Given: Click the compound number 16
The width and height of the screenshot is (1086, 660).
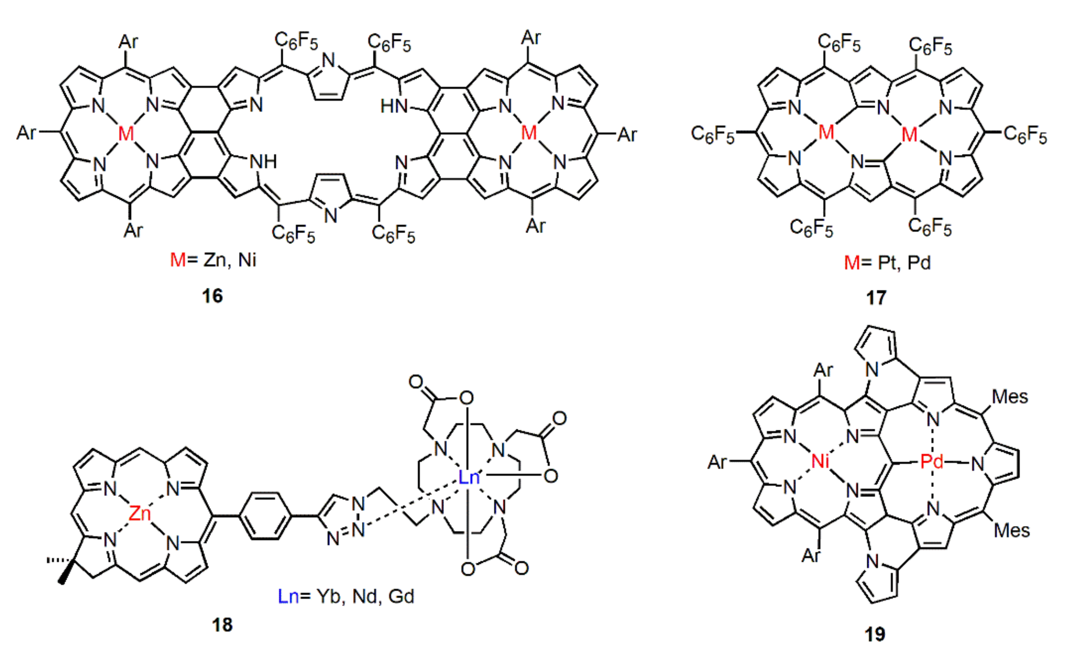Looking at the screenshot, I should coord(212,296).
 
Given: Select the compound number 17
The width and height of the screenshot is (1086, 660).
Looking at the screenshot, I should coord(876,298).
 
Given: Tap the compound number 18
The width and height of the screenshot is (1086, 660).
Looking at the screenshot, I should coord(222,625).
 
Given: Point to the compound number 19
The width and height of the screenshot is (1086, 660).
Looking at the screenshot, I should coord(875,635).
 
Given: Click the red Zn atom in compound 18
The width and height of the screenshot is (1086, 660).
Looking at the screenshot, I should coord(139,514).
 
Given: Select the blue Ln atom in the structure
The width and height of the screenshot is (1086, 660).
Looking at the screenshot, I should coord(468,478).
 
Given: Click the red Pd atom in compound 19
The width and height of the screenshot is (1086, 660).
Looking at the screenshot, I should coord(931,461).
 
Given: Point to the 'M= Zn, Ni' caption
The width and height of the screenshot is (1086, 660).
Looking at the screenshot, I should coord(213,260).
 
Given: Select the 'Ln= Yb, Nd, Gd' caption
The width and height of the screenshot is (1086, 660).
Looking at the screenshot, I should coord(346,597).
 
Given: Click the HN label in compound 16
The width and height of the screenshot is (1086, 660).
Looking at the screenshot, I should coord(394,106).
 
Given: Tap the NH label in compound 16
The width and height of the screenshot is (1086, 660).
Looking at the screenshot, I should coord(263,162).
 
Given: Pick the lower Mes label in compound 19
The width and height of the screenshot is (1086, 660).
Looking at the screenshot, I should coord(1011,530).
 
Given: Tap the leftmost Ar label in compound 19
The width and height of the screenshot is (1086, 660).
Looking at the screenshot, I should coord(717,462).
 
